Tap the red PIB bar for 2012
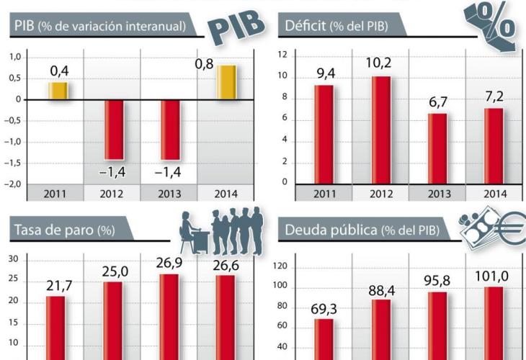pos(114,130)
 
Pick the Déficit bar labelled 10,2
pos(380,130)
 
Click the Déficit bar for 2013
pos(437,148)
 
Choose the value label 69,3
pos(324,309)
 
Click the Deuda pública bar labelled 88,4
pos(381,328)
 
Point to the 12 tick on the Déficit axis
pos(282,55)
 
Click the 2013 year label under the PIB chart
pos(169,193)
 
